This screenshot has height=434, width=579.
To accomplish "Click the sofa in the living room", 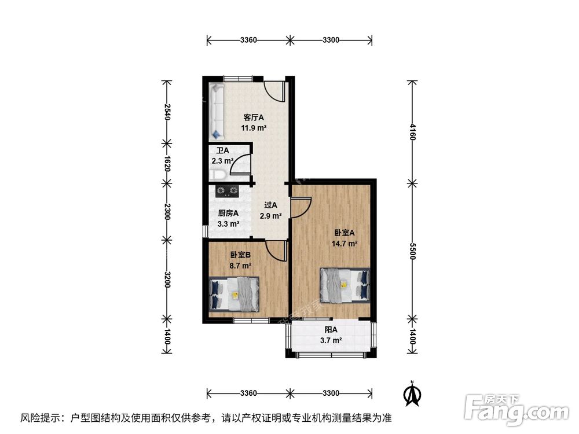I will tap(217, 111).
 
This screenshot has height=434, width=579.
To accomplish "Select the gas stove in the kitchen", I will tap(228, 189).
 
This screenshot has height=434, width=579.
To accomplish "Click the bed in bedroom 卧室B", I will tap(234, 293).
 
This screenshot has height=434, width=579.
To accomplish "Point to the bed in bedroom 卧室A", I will tap(345, 285).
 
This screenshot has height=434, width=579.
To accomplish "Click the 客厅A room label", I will tap(254, 117).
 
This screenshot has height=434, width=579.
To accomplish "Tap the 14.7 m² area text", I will tap(345, 244).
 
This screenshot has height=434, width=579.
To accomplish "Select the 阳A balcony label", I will tap(331, 329).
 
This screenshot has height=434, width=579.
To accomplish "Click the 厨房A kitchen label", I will tap(228, 212).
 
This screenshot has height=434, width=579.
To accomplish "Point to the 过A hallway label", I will tap(270, 205).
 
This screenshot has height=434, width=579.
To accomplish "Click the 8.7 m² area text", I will tap(240, 266).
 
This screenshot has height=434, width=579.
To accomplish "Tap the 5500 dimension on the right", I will tap(412, 250).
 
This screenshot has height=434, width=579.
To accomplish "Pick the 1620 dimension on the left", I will tap(167, 164).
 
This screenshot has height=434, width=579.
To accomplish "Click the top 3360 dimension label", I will tap(248, 40).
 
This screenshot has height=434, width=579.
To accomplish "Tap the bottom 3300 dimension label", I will tap(331, 393).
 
